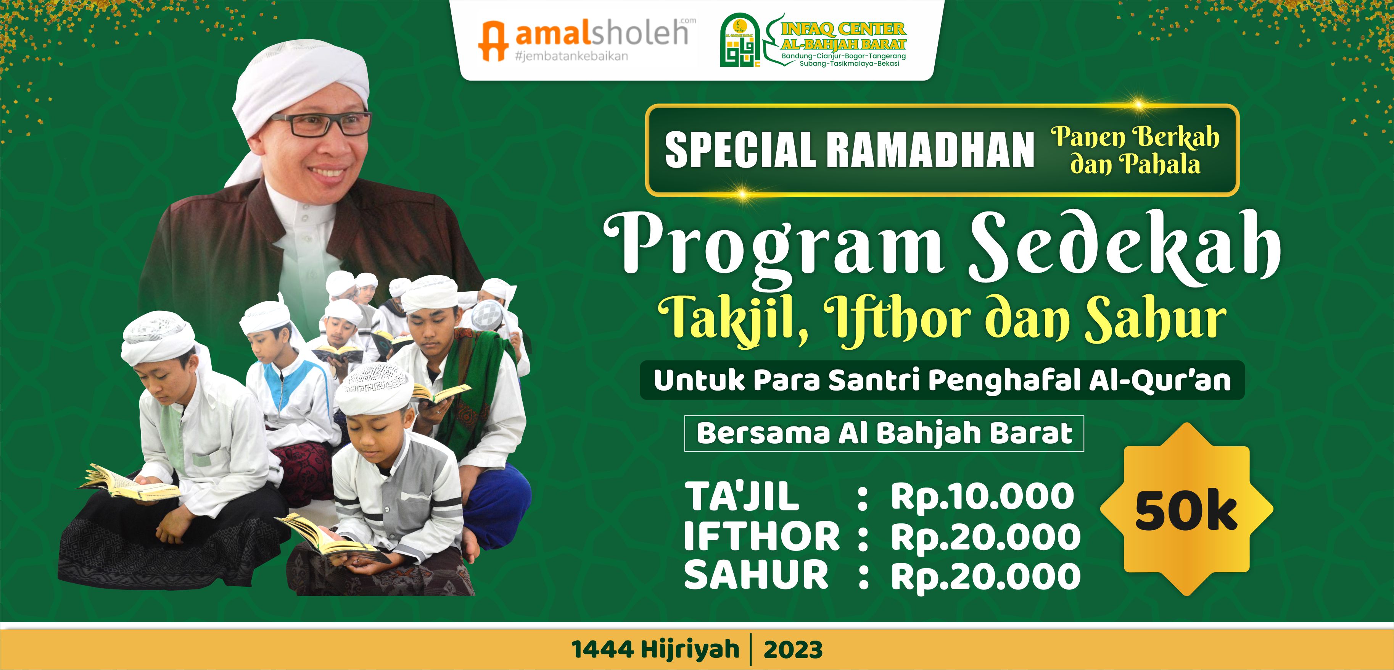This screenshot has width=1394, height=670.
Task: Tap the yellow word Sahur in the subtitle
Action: tap(1155, 320)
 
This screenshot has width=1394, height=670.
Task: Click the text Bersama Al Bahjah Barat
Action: tap(884, 433)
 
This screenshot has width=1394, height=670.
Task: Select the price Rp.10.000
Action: tap(982, 496)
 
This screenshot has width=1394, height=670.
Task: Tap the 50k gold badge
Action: tap(1186, 510)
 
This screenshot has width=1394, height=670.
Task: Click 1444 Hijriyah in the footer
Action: tap(655, 649)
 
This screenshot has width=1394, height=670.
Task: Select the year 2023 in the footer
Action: tap(793, 649)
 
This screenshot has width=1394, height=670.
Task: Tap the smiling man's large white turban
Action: tap(303, 81)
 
